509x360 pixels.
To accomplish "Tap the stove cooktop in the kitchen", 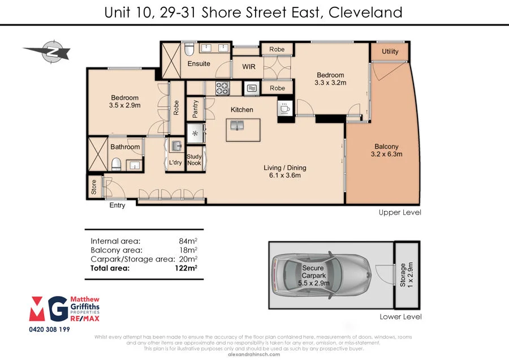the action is (223, 88).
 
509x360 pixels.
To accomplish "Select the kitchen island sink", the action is (237, 125).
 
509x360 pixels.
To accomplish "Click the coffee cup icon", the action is (285, 108).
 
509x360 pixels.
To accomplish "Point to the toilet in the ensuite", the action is (189, 49).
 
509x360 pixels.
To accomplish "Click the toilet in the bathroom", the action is (116, 164).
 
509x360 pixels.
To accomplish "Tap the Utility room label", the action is (390, 52).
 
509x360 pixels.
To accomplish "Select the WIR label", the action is (249, 67).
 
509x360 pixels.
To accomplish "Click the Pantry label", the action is (195, 109).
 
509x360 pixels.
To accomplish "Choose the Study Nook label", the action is (194, 160).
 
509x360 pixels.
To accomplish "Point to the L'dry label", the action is (175, 162).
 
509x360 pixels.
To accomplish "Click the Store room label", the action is (94, 187).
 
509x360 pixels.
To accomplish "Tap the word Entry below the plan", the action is (117, 205).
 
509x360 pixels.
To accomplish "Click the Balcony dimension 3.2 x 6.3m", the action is (386, 154).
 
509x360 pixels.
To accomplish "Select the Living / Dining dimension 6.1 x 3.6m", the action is (284, 175).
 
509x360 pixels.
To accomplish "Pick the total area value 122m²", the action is (186, 268).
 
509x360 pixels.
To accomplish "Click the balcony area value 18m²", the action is (188, 250).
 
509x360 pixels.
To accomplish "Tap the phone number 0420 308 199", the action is (49, 329).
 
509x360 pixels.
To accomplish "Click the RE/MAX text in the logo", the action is (85, 319).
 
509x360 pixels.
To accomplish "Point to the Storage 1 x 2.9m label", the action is (406, 275).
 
